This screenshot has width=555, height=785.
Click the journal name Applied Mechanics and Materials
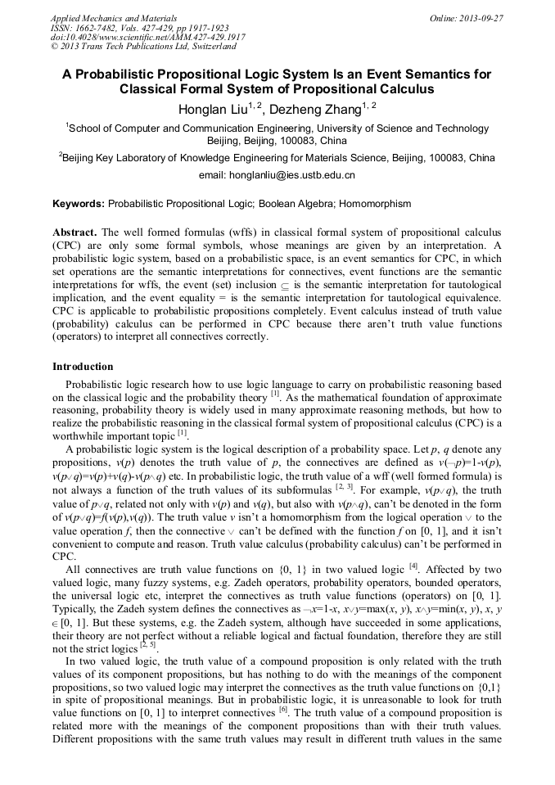tap(113, 17)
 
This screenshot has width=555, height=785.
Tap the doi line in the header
tap(148, 37)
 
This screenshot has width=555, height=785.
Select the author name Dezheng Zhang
tap(318, 110)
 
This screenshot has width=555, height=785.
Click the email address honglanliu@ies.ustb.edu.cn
tap(277, 175)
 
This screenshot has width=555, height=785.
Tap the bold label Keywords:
tap(79, 203)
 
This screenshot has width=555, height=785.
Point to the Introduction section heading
tap(83, 366)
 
